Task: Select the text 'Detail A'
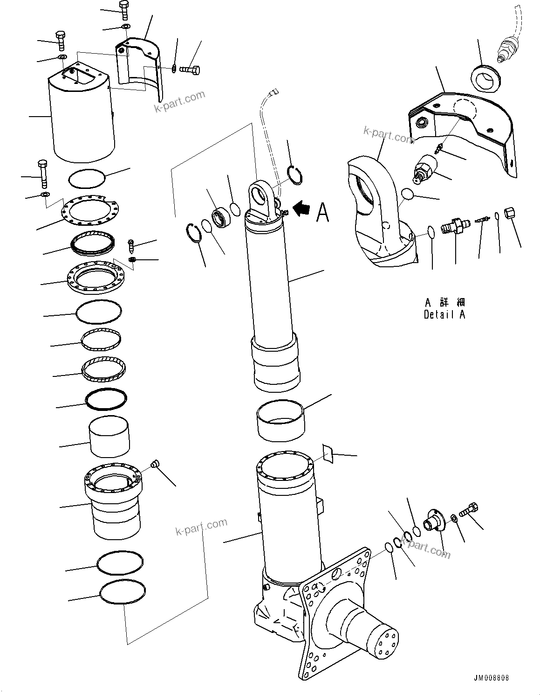(x=444, y=314)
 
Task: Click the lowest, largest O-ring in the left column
(x=122, y=592)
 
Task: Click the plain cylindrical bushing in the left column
(x=109, y=437)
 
